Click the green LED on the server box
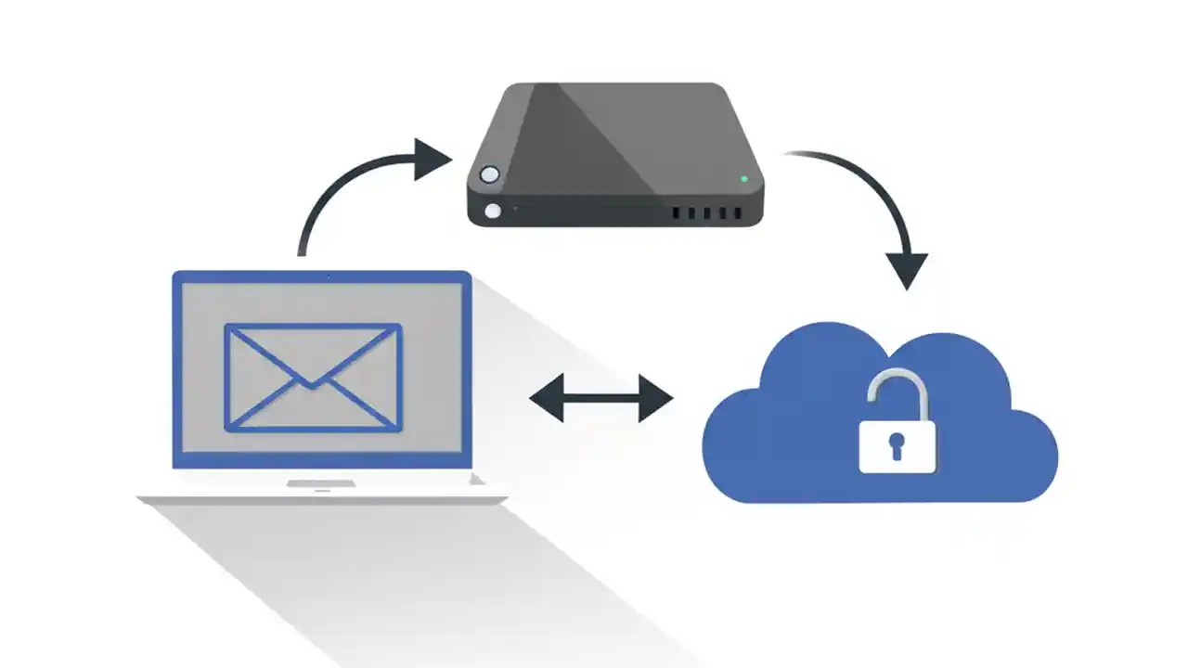[744, 178]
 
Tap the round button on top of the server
[489, 174]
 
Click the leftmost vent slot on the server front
[677, 213]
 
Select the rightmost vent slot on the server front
[738, 213]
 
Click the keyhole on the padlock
[897, 444]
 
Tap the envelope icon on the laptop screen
[313, 377]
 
